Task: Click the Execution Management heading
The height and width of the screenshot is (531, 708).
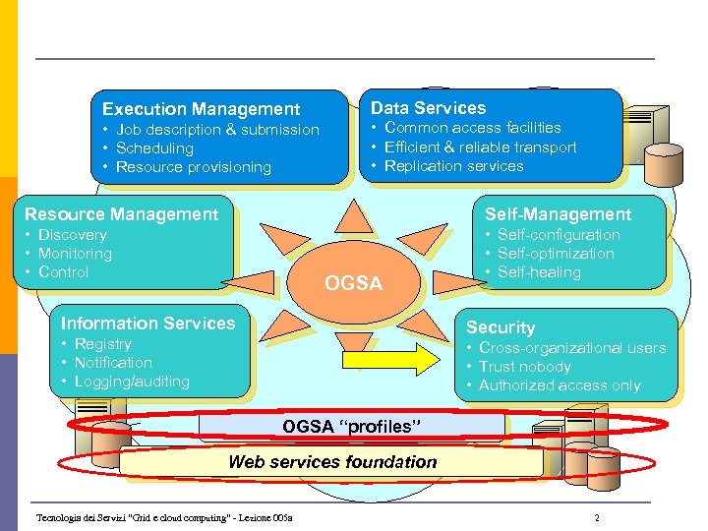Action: (201, 109)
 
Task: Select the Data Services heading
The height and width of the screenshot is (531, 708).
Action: (428, 108)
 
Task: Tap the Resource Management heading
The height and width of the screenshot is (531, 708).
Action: (121, 214)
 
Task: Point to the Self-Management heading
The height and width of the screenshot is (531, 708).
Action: (558, 214)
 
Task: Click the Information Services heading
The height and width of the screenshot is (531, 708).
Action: (147, 324)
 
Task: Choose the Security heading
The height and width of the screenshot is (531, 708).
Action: (501, 327)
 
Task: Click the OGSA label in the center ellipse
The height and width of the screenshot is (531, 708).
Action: (353, 283)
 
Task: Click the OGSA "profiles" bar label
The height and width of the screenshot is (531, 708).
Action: (352, 427)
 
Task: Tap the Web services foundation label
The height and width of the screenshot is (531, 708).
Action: (332, 461)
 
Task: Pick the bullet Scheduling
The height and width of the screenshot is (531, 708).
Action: (154, 148)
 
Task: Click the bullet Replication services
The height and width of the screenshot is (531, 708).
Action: (453, 166)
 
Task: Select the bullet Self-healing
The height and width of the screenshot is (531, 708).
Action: (539, 272)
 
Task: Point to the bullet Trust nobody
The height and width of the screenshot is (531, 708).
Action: (524, 367)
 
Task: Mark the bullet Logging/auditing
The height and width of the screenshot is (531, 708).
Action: (132, 382)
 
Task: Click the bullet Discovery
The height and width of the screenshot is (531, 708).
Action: (72, 235)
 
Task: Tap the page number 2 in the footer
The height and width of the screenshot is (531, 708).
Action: (596, 517)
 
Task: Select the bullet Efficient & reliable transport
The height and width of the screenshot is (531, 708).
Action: (480, 147)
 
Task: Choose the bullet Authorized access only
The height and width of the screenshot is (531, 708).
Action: (560, 385)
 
